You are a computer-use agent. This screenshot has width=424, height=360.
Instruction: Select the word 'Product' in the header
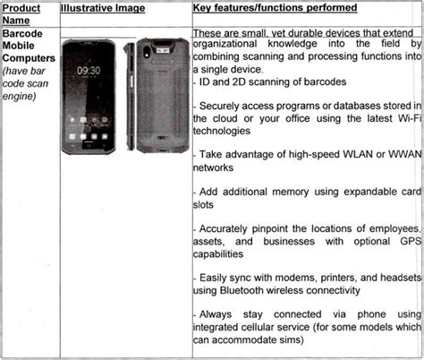click(x=22, y=8)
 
